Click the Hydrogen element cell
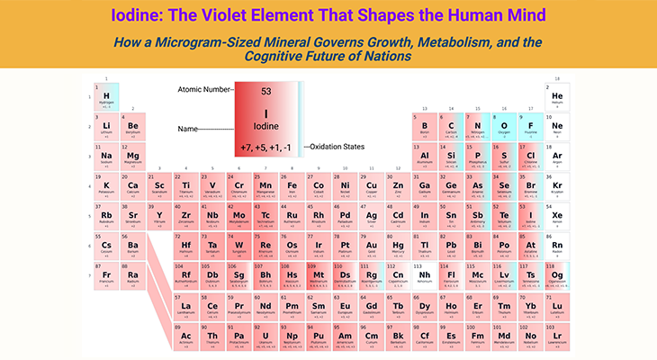106,97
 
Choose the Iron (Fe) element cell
292,188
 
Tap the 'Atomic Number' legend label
204,90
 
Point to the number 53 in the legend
265,92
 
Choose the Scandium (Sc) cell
159,188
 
